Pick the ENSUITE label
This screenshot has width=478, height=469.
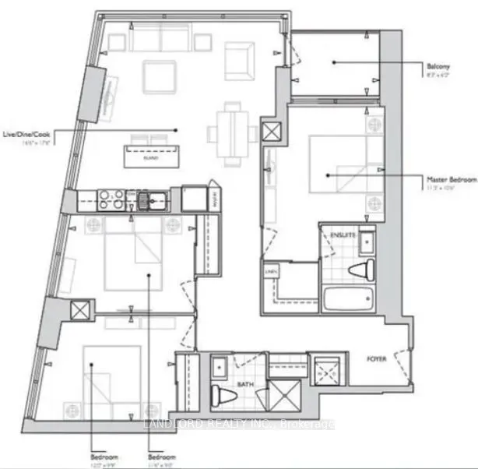pos(343,233)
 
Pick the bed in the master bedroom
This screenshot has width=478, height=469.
pos(336,164)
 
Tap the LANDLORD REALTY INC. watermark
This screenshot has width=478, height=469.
pos(240,425)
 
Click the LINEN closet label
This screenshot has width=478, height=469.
pos(270,270)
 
